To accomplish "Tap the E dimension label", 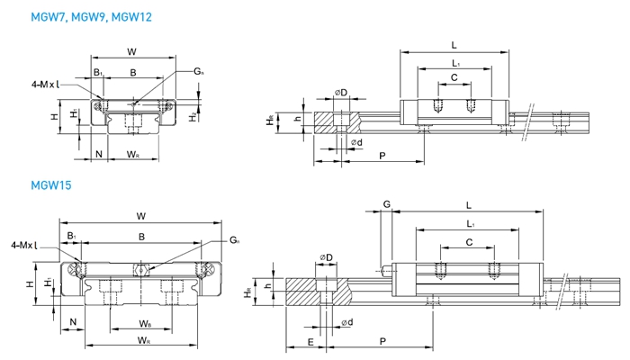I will (x=310, y=341).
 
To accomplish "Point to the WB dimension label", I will (x=145, y=323).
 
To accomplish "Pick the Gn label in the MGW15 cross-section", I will (x=235, y=240).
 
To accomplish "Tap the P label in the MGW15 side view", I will (x=384, y=341).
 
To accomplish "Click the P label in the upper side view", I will (x=383, y=157).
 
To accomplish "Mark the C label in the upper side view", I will (x=454, y=78).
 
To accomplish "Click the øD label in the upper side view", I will (x=341, y=94).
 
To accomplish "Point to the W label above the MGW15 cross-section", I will (x=141, y=215).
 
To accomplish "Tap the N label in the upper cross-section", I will (x=98, y=154).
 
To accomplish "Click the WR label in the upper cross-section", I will (x=132, y=155).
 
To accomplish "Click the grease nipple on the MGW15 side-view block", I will (x=387, y=266).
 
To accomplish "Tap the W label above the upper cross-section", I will (x=132, y=50).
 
